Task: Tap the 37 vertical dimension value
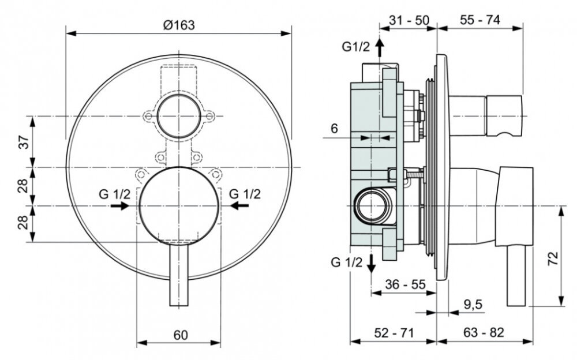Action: [x=24, y=142]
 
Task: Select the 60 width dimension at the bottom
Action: [x=181, y=335]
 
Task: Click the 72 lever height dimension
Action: [x=553, y=258]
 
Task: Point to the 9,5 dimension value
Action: [x=473, y=305]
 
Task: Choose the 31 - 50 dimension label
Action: [x=409, y=20]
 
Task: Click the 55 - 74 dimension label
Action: [x=480, y=20]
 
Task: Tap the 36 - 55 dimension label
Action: [x=405, y=284]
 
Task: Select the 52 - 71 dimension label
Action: [x=394, y=333]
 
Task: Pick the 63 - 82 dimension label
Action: [x=484, y=332]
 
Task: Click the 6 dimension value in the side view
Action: [x=334, y=129]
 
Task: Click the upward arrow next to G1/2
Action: [x=380, y=47]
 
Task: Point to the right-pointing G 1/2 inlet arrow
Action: [x=119, y=206]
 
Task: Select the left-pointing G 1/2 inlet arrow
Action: [x=239, y=206]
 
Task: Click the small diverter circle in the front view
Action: [x=179, y=116]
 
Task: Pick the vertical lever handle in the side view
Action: [x=516, y=276]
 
